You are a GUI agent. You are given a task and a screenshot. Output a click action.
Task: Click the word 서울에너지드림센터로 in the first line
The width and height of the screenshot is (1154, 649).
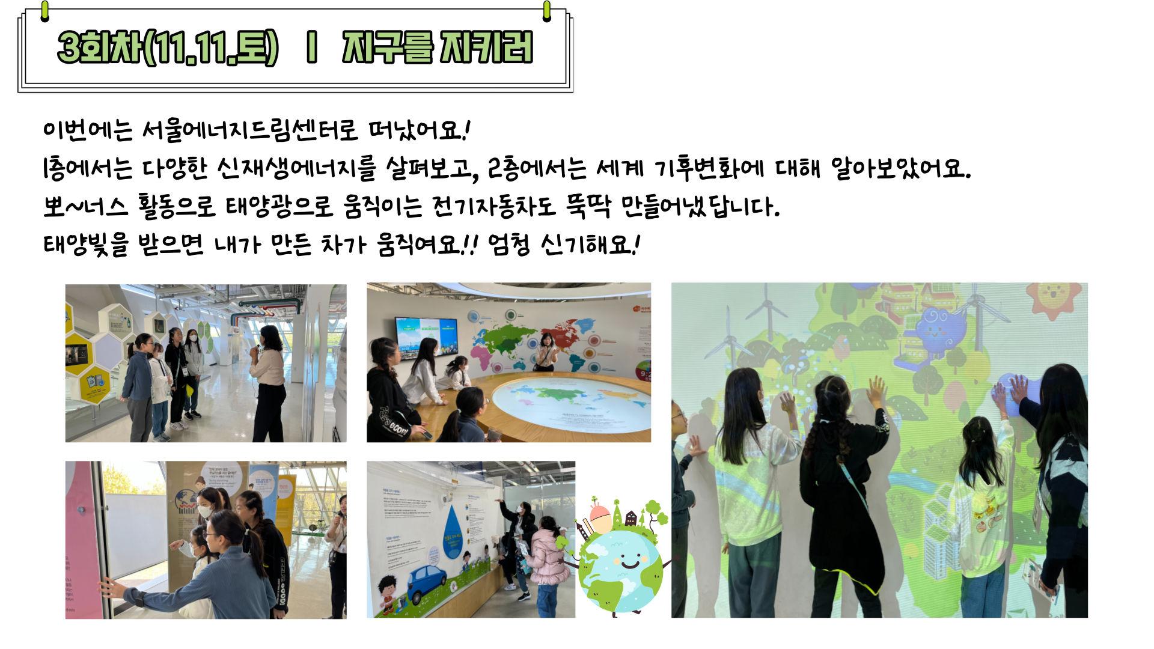tap(249, 130)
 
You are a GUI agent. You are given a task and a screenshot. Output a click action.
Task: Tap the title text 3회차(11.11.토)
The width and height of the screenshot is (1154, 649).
tap(168, 47)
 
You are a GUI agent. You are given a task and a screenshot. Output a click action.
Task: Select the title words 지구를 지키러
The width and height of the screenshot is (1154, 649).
tap(438, 47)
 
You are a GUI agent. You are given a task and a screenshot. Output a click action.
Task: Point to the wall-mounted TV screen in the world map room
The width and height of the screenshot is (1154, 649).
tap(426, 337)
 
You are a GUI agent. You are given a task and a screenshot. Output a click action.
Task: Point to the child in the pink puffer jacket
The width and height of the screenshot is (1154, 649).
tap(546, 565)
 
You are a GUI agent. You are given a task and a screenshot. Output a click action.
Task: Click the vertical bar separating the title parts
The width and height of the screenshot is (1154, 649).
tap(311, 47)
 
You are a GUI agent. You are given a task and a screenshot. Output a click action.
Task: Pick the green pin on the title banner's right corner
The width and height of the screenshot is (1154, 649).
tap(546, 11)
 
